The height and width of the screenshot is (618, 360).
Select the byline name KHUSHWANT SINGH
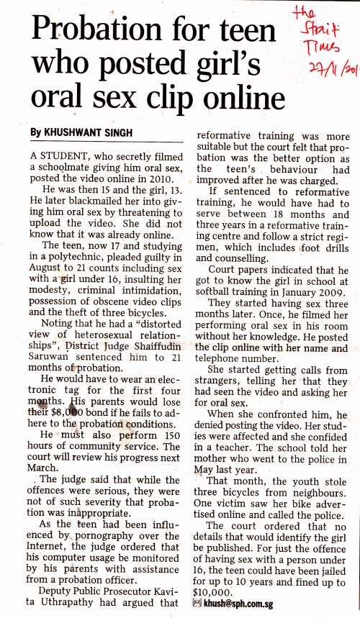click(82, 132)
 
